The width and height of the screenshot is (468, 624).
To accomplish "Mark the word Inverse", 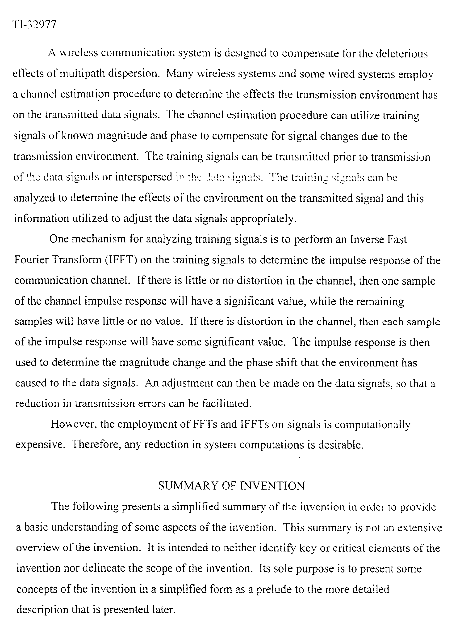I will click(x=367, y=240).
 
